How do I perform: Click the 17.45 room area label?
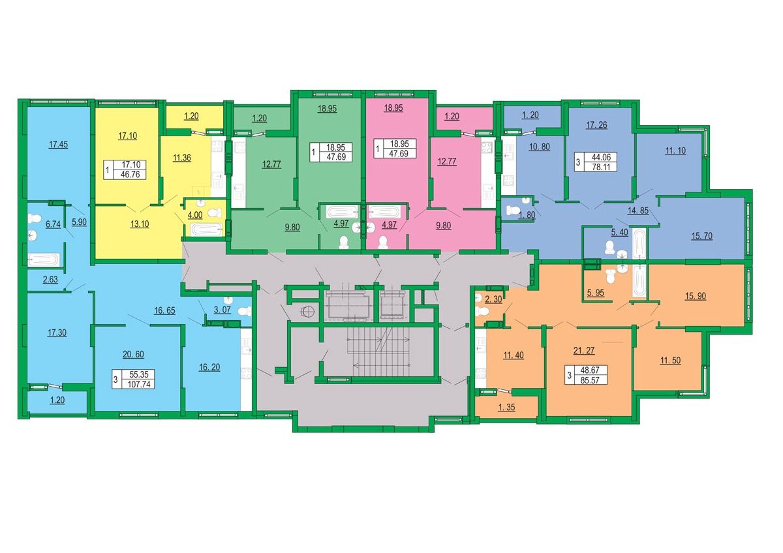pyautogui.click(x=58, y=144)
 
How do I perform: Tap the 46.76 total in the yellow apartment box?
pyautogui.click(x=130, y=174)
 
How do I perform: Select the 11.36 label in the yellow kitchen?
pyautogui.click(x=182, y=158)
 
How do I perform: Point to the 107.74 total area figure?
pyautogui.click(x=139, y=385)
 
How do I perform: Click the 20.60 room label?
pyautogui.click(x=133, y=354)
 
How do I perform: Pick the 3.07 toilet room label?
pyautogui.click(x=222, y=310)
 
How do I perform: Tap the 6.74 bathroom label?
pyautogui.click(x=53, y=224)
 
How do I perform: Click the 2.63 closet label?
pyautogui.click(x=50, y=280)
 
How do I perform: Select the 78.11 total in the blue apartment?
pyautogui.click(x=600, y=167)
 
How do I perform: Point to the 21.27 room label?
pyautogui.click(x=584, y=350)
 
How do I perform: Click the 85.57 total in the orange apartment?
pyautogui.click(x=590, y=380)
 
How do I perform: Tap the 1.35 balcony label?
pyautogui.click(x=506, y=407)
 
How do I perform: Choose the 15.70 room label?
pyautogui.click(x=701, y=236)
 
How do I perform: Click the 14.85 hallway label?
pyautogui.click(x=638, y=211)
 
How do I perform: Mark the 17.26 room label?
pyautogui.click(x=596, y=125)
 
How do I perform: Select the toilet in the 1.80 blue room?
pyautogui.click(x=513, y=211)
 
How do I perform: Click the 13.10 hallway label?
pyautogui.click(x=140, y=224)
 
